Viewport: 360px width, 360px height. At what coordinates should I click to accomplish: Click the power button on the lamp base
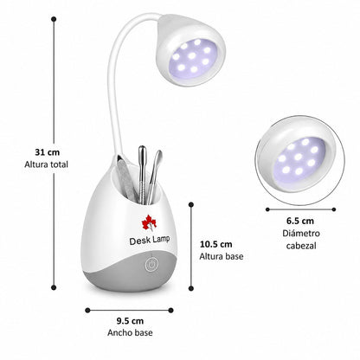151,265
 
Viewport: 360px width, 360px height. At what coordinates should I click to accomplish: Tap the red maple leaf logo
149,223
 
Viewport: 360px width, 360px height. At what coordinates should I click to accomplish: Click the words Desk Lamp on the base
149,240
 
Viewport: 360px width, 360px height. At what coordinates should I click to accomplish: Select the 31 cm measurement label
47,152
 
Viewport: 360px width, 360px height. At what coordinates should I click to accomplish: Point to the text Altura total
47,164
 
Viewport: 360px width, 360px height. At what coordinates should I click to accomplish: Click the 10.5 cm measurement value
216,244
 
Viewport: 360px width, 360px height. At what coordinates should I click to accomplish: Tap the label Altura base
222,256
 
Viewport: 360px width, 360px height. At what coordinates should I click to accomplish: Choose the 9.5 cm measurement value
130,321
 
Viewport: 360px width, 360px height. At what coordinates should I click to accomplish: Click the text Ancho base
130,332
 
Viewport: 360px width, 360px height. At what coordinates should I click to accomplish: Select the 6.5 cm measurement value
300,221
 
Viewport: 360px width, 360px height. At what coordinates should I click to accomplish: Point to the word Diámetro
301,233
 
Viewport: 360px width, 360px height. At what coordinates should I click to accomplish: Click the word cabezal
301,246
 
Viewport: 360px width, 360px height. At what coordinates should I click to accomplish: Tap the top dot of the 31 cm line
54,19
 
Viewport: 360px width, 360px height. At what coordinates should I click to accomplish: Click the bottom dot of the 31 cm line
54,287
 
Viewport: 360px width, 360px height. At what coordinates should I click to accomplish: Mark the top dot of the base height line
191,205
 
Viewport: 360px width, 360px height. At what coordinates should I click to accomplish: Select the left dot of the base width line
87,311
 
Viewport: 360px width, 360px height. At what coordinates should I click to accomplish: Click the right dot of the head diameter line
334,209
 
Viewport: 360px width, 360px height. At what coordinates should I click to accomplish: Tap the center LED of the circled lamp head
299,157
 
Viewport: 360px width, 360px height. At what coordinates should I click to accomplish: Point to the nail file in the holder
125,179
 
